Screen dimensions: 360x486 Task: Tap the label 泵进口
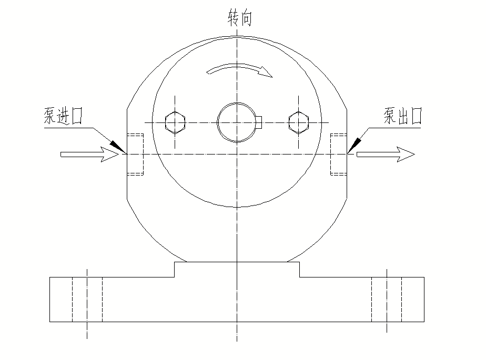[64, 116]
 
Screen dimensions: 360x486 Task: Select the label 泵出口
[403, 116]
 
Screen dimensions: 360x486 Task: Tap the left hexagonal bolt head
[175, 122]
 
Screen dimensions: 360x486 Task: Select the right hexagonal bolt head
[299, 122]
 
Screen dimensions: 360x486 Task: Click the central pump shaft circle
[237, 122]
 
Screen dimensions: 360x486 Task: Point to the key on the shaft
[259, 122]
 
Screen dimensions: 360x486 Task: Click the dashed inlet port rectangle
[136, 154]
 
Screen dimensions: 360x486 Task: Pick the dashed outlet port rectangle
[338, 154]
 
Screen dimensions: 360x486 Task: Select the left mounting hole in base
[87, 299]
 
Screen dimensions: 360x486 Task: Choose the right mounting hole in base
[387, 299]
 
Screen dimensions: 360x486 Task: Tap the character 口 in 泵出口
[416, 116]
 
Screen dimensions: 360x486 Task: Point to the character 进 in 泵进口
[64, 116]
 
